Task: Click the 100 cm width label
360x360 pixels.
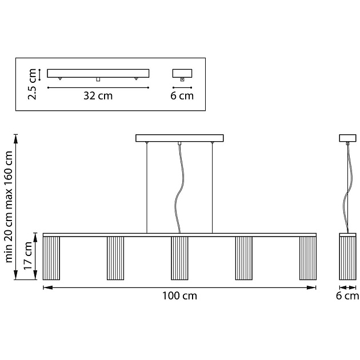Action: coord(179,296)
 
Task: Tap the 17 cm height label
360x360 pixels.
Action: coord(28,255)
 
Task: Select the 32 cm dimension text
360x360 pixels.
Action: coord(98,96)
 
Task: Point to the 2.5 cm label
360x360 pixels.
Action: coord(32,84)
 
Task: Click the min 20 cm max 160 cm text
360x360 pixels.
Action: coord(9,207)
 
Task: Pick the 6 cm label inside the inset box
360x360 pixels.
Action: coord(182,96)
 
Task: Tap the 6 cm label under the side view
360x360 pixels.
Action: coord(347,296)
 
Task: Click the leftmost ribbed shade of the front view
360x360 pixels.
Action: coord(51,258)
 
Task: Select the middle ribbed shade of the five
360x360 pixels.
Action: coord(179,258)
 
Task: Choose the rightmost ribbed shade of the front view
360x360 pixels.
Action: coord(308,258)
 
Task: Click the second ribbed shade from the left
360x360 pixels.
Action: coord(115,258)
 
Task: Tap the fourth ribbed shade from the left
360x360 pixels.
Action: coord(244,258)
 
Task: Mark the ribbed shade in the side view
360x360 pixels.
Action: coord(348,258)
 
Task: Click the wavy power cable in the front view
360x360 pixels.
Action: coord(179,189)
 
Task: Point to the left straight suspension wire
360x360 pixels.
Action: coord(147,188)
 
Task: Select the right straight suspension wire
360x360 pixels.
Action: coord(212,188)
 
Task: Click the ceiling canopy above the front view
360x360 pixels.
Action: coord(179,138)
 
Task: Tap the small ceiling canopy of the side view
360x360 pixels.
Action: coord(348,138)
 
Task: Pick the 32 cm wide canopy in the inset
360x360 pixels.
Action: coord(98,73)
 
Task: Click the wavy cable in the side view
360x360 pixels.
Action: coord(347,189)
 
